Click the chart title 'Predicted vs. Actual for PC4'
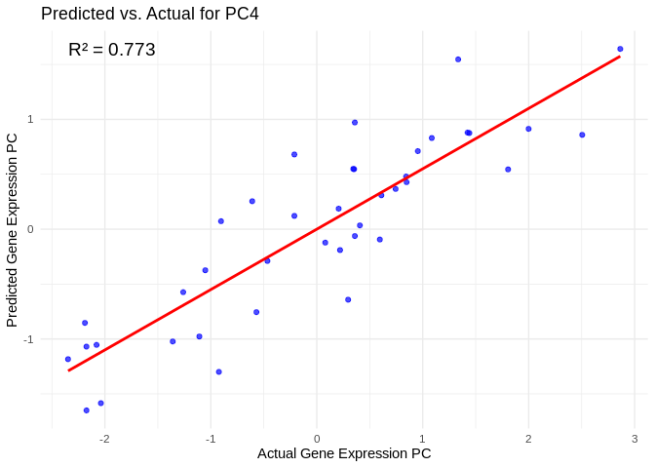point(149,14)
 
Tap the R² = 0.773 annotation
point(112,50)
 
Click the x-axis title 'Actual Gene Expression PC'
point(344,453)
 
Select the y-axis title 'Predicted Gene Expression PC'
point(13,230)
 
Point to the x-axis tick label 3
point(635,439)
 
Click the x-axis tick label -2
point(103,439)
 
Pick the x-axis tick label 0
point(317,439)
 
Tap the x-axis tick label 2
point(528,439)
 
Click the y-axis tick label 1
point(30,120)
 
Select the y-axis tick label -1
point(28,339)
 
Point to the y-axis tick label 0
point(30,229)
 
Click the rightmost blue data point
point(620,49)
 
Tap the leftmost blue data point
point(68,359)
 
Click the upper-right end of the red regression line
point(619,57)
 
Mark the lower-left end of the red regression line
point(68,370)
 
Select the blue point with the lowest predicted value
point(87,410)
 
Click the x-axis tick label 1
point(422,439)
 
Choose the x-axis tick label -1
point(210,439)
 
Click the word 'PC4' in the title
point(240,14)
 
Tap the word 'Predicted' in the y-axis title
point(13,296)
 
